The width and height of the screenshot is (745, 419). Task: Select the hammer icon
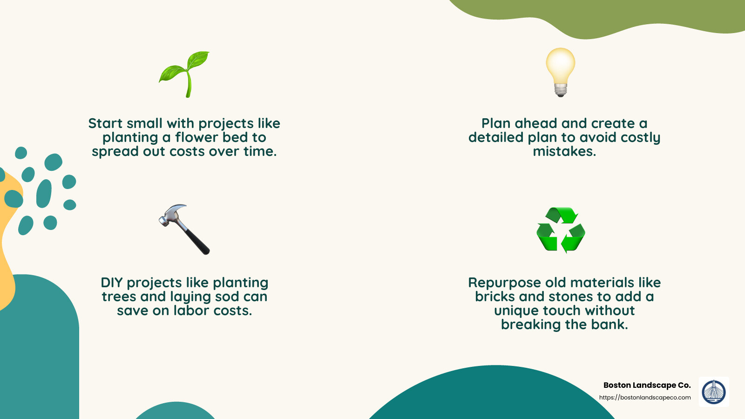(184, 229)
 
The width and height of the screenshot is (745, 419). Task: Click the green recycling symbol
(561, 230)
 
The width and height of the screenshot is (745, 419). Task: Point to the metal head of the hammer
(171, 215)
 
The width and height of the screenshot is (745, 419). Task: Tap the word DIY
(112, 283)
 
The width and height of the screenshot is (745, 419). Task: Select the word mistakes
(564, 151)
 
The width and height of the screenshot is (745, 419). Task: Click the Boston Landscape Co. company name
(647, 385)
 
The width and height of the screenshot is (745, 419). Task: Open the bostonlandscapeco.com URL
(645, 398)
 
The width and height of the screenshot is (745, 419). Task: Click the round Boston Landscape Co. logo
(714, 392)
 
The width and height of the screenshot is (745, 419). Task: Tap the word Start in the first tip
(106, 123)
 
